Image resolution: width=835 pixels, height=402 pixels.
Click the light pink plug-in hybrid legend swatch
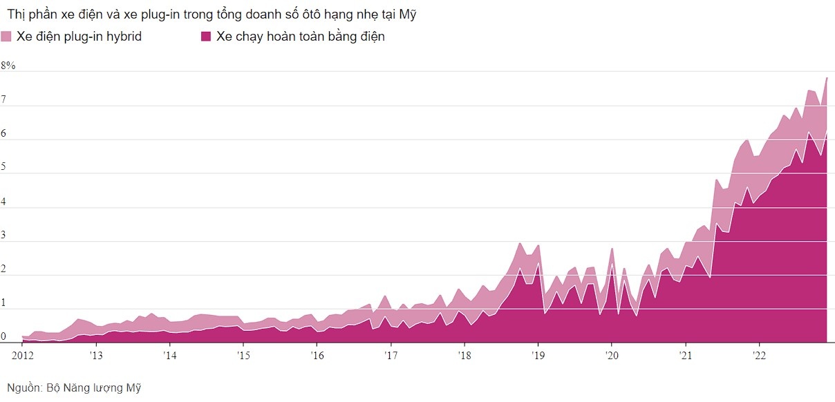6,37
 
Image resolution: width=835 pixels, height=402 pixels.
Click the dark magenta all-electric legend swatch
206,37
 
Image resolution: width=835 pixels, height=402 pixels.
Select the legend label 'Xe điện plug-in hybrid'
79,37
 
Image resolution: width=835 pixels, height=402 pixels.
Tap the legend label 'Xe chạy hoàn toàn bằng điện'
300,37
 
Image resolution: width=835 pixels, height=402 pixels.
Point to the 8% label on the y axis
8,66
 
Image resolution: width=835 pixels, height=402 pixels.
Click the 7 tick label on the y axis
4,100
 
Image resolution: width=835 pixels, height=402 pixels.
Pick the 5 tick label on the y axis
4,168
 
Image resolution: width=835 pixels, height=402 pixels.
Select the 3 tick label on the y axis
4,236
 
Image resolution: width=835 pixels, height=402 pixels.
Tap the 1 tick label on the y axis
4,303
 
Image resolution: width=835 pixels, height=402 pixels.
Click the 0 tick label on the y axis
4,337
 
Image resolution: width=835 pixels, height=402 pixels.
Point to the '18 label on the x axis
464,356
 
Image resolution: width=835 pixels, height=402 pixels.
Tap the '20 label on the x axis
611,356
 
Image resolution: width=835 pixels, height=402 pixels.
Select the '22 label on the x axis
759,356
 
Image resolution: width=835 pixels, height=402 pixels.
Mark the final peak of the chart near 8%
827,78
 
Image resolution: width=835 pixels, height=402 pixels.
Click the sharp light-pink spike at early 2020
612,249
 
